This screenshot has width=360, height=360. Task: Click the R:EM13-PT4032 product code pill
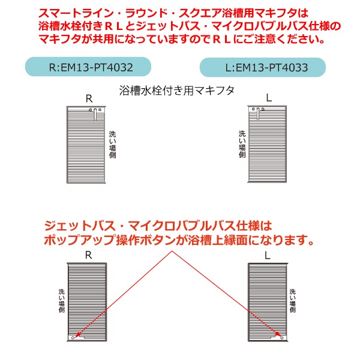coord(88,67)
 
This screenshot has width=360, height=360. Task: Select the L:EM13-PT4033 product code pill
coord(263,67)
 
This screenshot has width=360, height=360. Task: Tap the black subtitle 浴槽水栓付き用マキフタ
coord(176,91)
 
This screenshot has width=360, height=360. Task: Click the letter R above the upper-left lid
coord(89,99)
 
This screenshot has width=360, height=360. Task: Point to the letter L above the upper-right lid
coord(269,98)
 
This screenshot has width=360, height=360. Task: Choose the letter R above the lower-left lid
coord(88,255)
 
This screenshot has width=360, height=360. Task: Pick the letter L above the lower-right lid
coord(268,256)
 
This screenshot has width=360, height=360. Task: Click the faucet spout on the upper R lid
coord(95,114)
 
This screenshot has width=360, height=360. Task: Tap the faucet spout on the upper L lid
coord(258,113)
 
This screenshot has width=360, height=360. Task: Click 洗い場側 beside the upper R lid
coord(112,145)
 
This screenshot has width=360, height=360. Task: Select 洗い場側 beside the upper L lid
coord(242,144)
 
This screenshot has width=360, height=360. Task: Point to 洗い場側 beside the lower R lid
coord(62,301)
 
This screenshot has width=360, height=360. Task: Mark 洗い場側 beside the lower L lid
coord(293,301)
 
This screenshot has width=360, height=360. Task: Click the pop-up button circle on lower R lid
coord(73,337)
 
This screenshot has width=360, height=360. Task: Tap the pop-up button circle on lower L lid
coord(282,338)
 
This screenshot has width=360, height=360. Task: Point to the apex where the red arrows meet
coord(172,251)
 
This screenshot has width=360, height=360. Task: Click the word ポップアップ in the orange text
coord(79,240)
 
